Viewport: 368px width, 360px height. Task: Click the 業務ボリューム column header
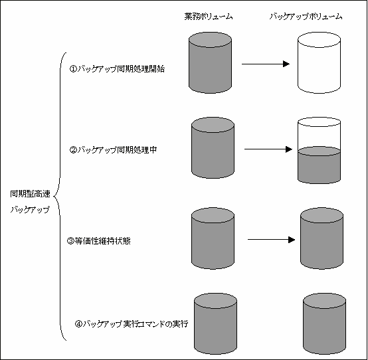point(209,17)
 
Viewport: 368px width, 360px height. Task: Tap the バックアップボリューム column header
point(306,17)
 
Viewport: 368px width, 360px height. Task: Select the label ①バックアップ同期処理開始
point(117,69)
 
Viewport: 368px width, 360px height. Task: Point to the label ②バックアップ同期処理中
point(113,149)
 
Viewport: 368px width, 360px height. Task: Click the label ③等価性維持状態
point(99,241)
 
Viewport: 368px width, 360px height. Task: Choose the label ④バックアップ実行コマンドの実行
point(132,324)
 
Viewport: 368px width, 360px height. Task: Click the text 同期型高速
point(30,194)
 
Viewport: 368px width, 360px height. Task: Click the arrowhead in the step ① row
point(286,64)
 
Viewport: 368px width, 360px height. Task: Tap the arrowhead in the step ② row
point(289,149)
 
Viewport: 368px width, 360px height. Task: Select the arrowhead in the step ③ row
point(292,240)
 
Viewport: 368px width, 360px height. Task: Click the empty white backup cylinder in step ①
point(320,62)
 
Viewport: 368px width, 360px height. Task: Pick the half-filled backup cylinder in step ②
point(320,150)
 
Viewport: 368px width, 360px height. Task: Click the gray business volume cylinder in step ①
point(211,62)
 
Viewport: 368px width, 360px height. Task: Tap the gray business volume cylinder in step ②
point(213,148)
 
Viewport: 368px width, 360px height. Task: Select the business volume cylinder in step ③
point(213,238)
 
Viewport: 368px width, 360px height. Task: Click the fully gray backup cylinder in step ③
point(322,238)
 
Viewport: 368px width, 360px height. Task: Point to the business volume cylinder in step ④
point(215,323)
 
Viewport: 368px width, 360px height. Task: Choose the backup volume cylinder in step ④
point(324,323)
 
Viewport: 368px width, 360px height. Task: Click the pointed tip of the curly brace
point(54,196)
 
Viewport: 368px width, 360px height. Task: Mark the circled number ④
point(78,324)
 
